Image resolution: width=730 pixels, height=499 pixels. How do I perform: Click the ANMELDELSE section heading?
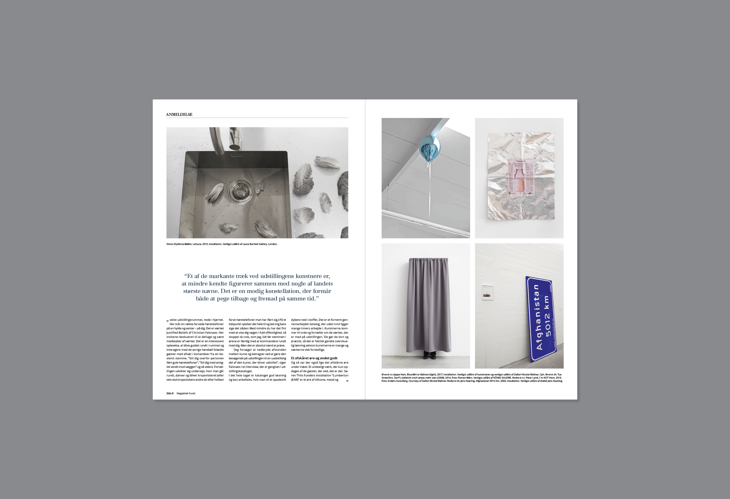point(179,114)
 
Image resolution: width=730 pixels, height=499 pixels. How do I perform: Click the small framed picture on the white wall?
point(487,293)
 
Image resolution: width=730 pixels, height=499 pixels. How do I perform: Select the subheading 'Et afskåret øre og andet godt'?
point(314,358)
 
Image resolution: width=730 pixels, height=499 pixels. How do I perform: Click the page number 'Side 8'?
point(170,393)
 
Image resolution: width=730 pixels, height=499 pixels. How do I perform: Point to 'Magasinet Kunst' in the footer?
point(186,393)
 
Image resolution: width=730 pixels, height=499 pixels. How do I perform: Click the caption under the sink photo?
point(222,244)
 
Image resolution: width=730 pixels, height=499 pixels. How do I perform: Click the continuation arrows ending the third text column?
point(347,381)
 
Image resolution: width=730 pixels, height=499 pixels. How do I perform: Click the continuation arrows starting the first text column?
point(168,321)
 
